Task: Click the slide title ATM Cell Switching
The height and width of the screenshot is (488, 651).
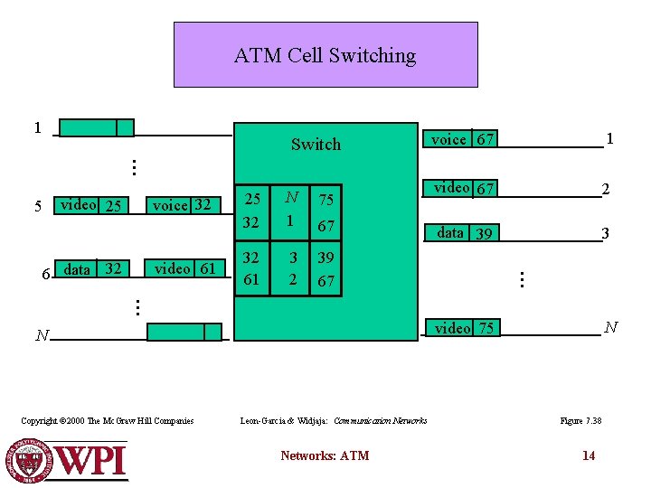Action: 325,55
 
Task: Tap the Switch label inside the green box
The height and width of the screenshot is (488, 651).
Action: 316,145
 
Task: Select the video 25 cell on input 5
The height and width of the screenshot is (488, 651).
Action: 90,205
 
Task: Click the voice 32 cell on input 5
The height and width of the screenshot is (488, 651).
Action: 182,205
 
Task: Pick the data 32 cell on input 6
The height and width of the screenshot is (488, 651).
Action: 94,268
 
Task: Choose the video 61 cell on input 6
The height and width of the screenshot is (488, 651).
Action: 185,268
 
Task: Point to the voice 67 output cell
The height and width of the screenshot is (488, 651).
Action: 462,139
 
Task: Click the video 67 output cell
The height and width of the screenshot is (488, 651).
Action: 463,188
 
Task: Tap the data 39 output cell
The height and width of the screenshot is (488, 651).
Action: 464,233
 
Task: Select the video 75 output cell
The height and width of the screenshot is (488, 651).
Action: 464,328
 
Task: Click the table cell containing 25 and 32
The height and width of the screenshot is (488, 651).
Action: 251,210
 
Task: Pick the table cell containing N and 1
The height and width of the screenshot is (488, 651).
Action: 291,210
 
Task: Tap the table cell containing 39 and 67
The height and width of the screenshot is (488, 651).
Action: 325,269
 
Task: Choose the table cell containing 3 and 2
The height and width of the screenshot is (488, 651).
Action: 291,268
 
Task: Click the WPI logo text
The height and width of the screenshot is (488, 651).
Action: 90,461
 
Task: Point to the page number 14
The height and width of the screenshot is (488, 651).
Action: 589,455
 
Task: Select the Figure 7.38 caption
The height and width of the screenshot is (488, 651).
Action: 580,420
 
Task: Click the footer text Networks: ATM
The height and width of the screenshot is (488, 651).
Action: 325,455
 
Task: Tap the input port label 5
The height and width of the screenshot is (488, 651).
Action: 38,206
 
